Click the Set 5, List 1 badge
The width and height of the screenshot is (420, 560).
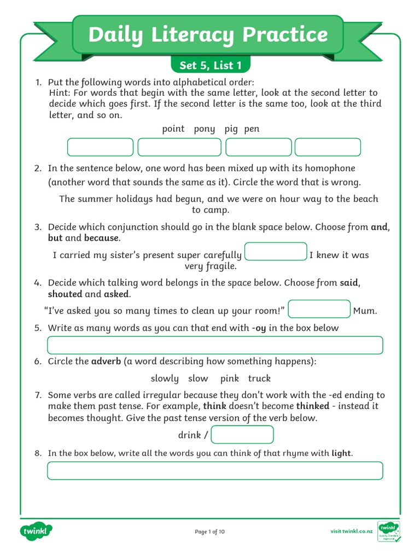pyautogui.click(x=211, y=66)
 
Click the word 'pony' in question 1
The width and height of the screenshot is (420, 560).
pyautogui.click(x=204, y=129)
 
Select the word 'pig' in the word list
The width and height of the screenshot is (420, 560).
pyautogui.click(x=231, y=129)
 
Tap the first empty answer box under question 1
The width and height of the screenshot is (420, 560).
pyautogui.click(x=100, y=147)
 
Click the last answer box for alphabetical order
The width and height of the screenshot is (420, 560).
pyautogui.click(x=328, y=147)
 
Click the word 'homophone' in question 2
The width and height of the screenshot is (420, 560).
pyautogui.click(x=330, y=168)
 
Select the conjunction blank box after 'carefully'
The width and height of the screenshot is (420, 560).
pyautogui.click(x=276, y=252)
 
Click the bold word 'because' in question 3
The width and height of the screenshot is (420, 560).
pyautogui.click(x=101, y=238)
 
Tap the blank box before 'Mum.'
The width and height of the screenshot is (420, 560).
pyautogui.click(x=319, y=309)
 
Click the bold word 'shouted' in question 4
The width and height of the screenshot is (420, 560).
pyautogui.click(x=65, y=294)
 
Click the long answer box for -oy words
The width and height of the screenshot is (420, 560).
pyautogui.click(x=215, y=346)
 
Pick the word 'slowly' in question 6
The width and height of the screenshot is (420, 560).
pyautogui.click(x=165, y=378)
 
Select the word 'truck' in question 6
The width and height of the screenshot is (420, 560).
pyautogui.click(x=259, y=378)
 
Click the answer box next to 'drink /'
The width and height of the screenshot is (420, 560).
pyautogui.click(x=242, y=435)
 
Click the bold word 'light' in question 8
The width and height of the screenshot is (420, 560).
pyautogui.click(x=341, y=453)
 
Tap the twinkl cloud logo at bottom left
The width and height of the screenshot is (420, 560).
pyautogui.click(x=36, y=531)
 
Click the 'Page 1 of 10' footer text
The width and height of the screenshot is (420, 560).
pyautogui.click(x=209, y=532)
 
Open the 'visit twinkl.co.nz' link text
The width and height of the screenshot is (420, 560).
pyautogui.click(x=352, y=532)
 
